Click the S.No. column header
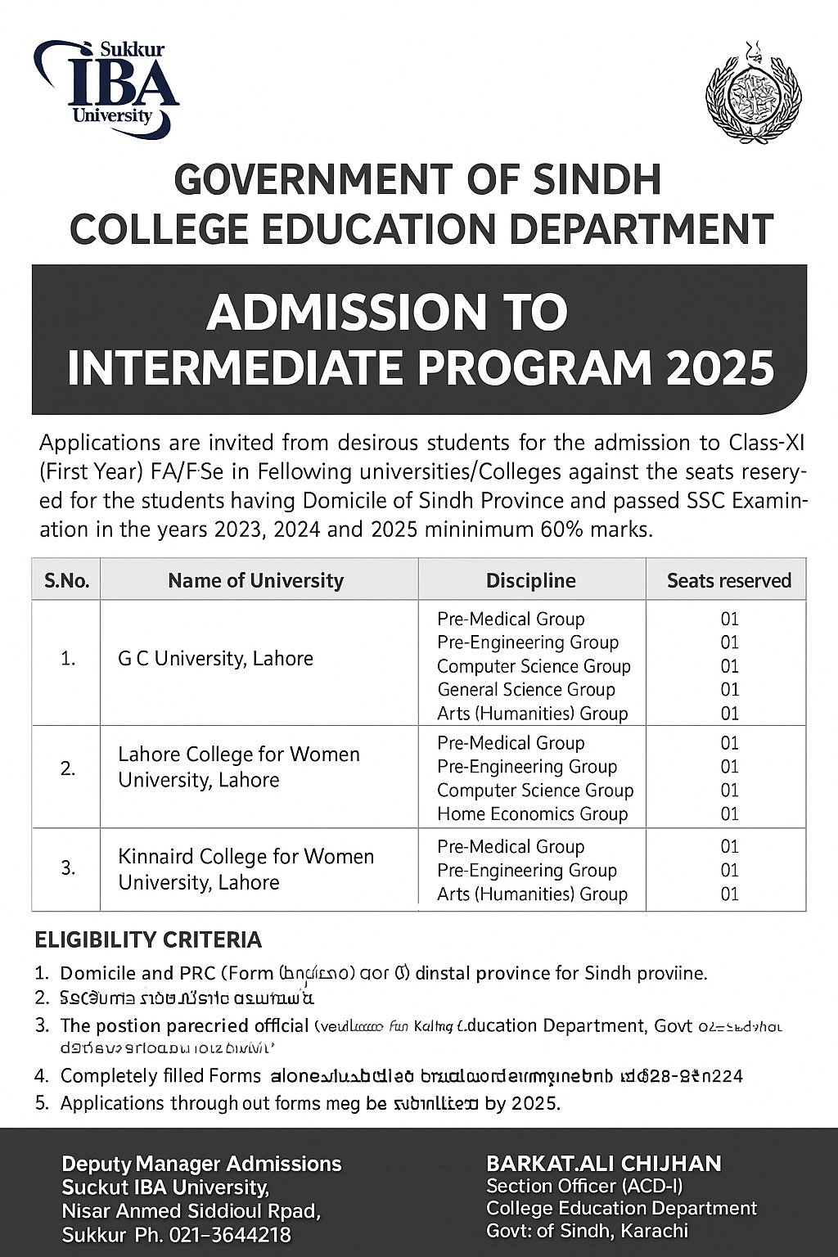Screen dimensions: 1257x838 pos(66,580)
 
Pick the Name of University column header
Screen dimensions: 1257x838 pos(255,580)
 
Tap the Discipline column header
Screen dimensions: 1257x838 pos(530,580)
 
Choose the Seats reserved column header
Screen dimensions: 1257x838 pos(728,580)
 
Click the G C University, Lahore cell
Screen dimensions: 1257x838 pos(215,658)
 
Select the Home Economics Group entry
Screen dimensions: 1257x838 pos(532,814)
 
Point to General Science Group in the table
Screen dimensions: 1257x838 pos(525,690)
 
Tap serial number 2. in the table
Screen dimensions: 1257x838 pos(68,768)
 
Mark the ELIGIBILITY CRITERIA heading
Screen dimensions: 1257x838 pos(148,939)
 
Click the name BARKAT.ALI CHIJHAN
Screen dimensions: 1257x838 pos(604,1163)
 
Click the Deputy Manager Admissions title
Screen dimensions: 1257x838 pos(201,1164)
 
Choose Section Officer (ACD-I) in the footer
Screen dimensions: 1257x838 pos(584,1186)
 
